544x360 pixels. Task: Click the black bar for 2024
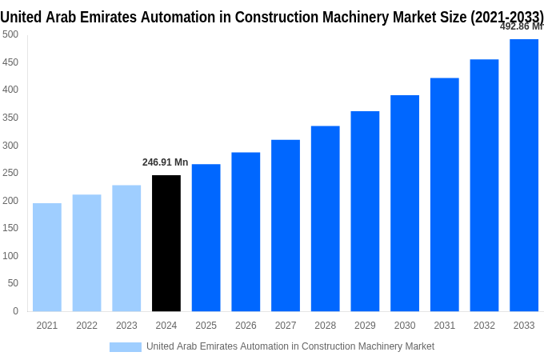(166, 243)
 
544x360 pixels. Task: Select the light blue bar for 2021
(47, 257)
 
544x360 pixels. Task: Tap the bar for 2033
(524, 175)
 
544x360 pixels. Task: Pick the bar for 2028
(326, 218)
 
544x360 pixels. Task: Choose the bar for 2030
(405, 203)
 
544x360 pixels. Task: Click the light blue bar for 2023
(126, 248)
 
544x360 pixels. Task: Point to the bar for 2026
(246, 232)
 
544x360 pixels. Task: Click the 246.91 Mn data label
(166, 162)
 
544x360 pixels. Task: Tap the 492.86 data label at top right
(521, 26)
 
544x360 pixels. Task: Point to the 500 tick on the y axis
(10, 34)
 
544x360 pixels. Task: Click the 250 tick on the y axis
(10, 173)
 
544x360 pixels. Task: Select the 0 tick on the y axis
(15, 311)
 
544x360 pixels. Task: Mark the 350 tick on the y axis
(10, 118)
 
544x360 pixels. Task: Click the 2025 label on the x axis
(206, 326)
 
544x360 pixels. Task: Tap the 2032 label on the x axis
(484, 326)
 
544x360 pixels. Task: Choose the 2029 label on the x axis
(365, 326)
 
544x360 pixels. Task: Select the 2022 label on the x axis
(86, 326)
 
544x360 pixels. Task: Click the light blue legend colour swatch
(125, 346)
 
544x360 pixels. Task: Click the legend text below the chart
(290, 346)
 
